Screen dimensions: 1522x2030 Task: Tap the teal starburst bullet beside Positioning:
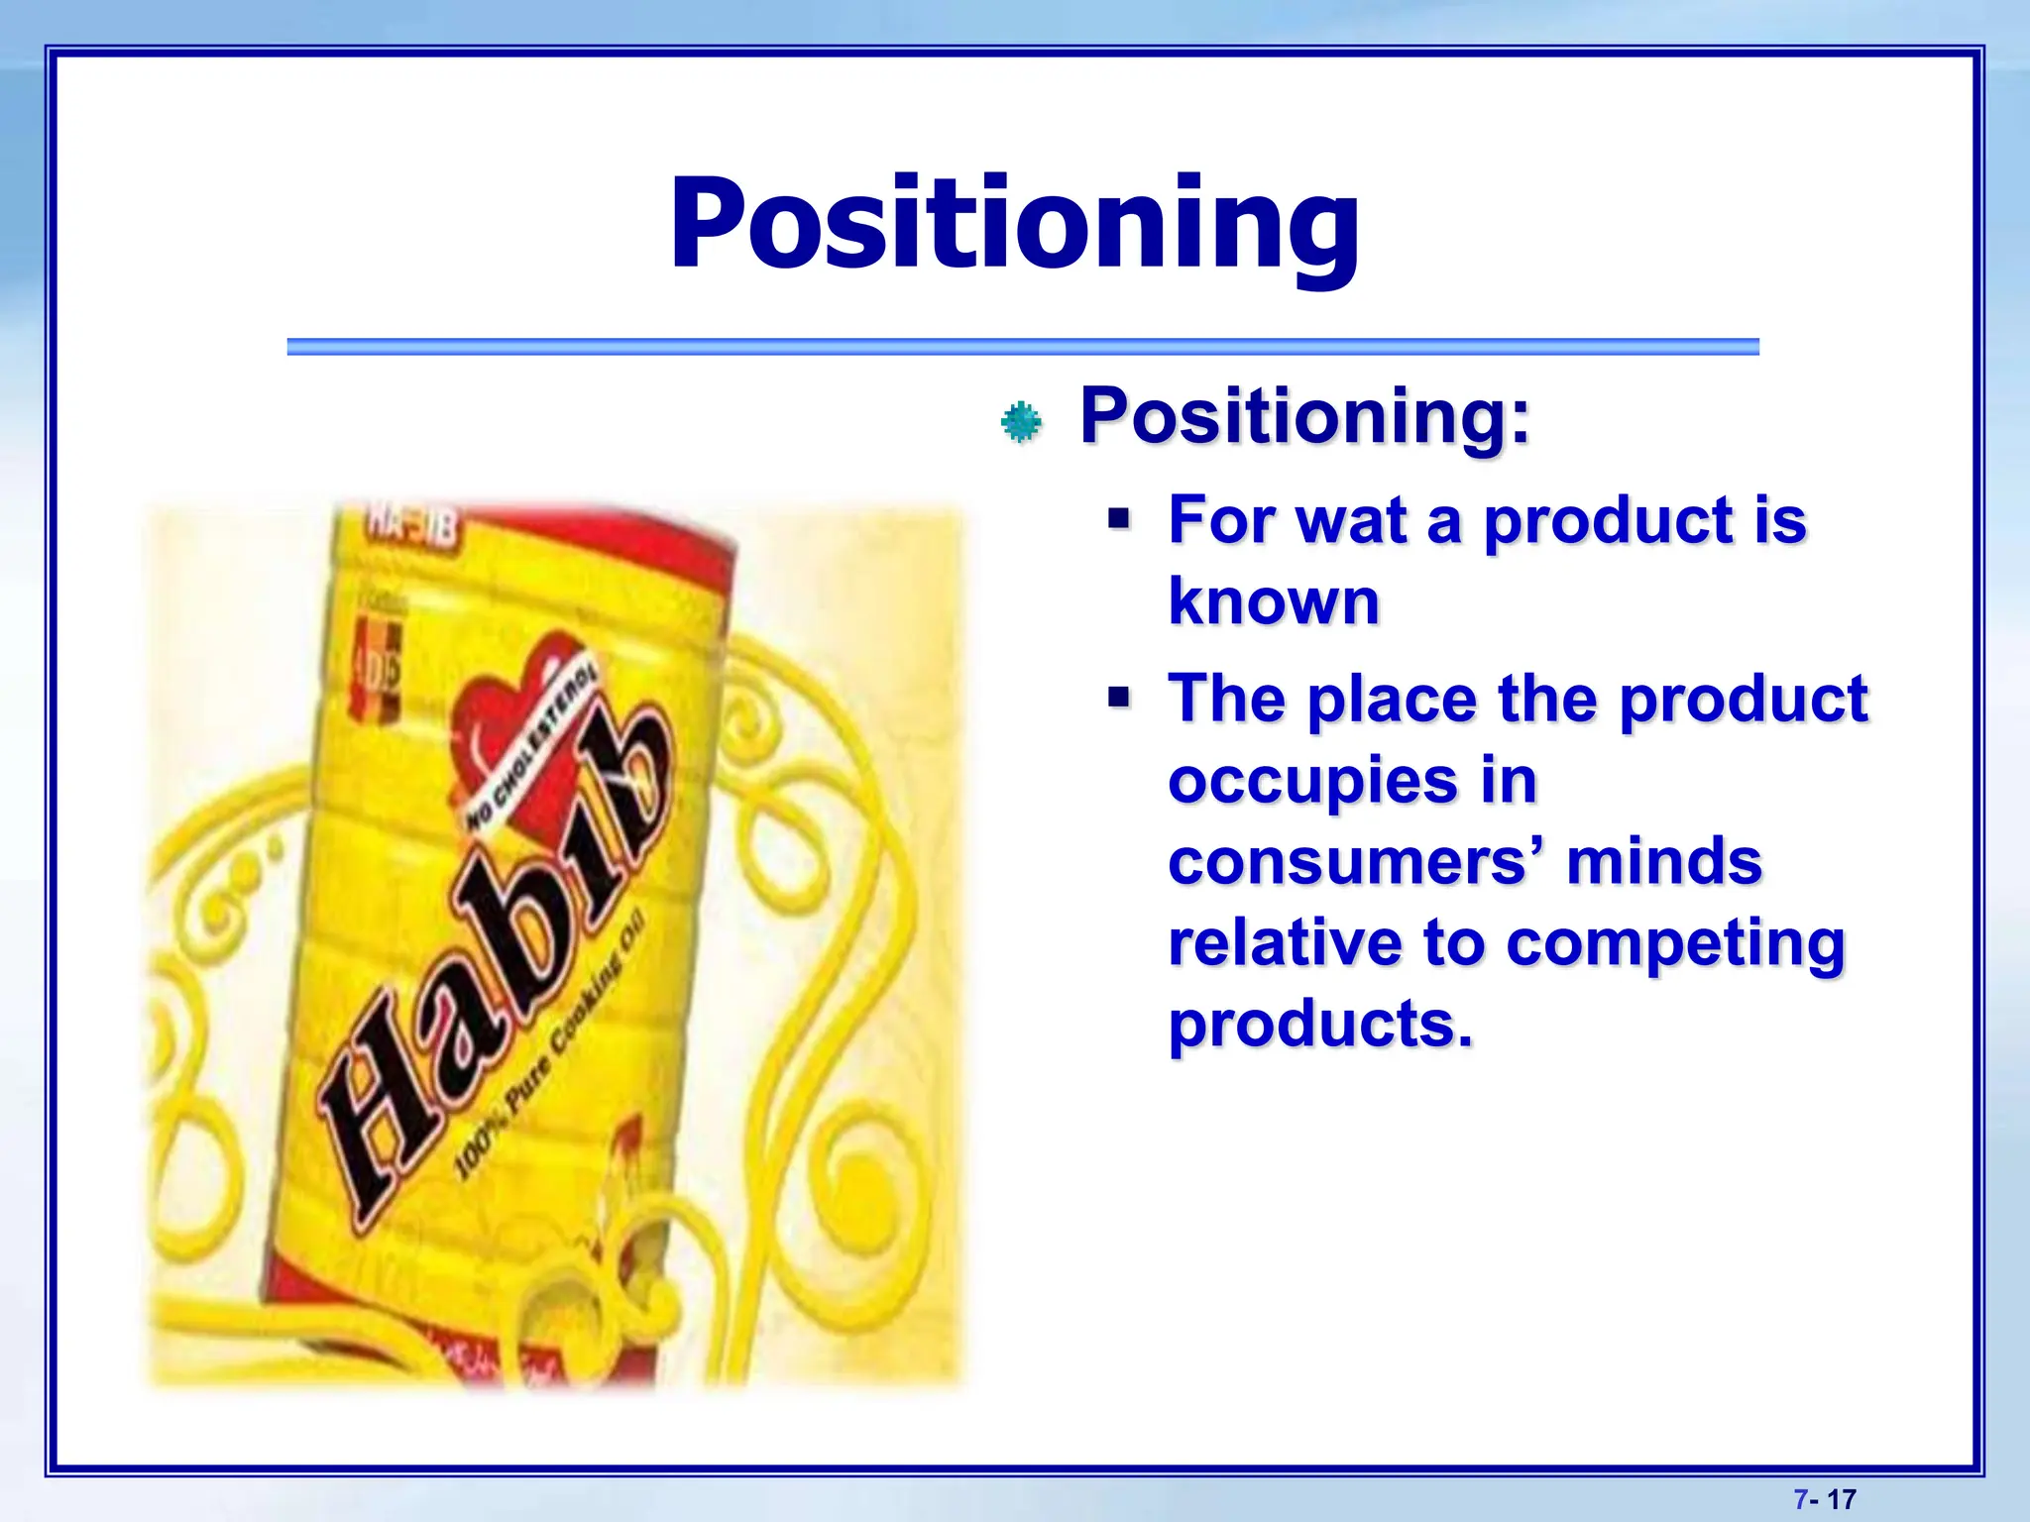pos(1021,423)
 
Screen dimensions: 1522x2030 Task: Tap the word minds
pos(1664,861)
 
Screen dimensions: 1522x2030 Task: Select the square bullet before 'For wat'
pos(1119,518)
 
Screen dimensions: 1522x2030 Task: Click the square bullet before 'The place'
pos(1119,698)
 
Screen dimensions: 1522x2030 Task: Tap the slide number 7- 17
pos(1824,1499)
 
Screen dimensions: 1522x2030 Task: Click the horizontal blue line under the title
pos(1022,347)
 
